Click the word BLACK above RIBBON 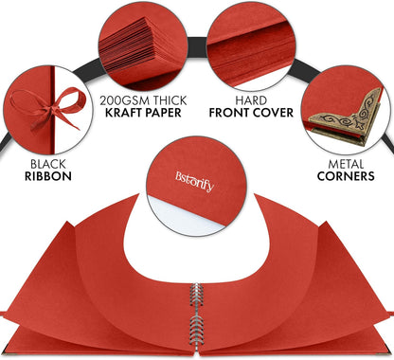click(x=48, y=164)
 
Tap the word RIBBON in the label click(x=48, y=176)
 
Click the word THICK click(x=170, y=100)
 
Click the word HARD click(x=251, y=100)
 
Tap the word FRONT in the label click(x=228, y=113)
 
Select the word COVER click(x=273, y=113)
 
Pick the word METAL click(x=346, y=164)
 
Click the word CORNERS click(x=346, y=176)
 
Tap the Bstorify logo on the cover click(x=195, y=181)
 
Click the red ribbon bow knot click(x=53, y=110)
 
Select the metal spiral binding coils click(x=196, y=315)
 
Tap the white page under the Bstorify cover click(x=183, y=215)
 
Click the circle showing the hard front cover click(x=252, y=46)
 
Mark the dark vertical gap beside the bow click(x=52, y=110)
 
